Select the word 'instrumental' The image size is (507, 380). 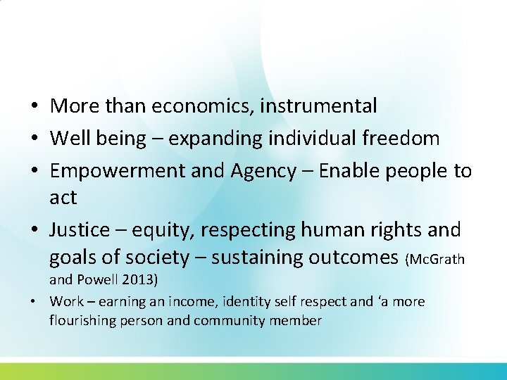[319, 106]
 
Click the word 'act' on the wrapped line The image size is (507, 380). [63, 198]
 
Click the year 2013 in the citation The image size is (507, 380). [137, 280]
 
